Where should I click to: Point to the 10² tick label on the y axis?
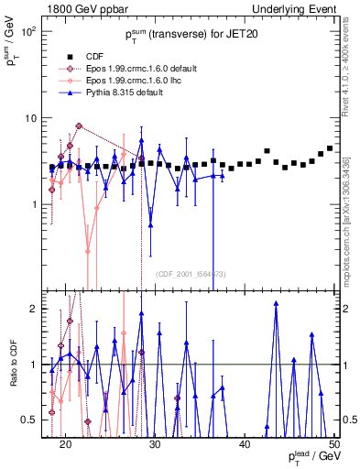click(x=29, y=31)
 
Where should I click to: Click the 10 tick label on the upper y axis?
click(x=31, y=118)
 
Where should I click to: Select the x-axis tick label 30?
click(x=155, y=443)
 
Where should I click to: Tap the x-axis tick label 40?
click(x=245, y=443)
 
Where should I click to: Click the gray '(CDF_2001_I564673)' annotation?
click(x=190, y=274)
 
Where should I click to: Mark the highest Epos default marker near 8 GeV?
click(x=79, y=126)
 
